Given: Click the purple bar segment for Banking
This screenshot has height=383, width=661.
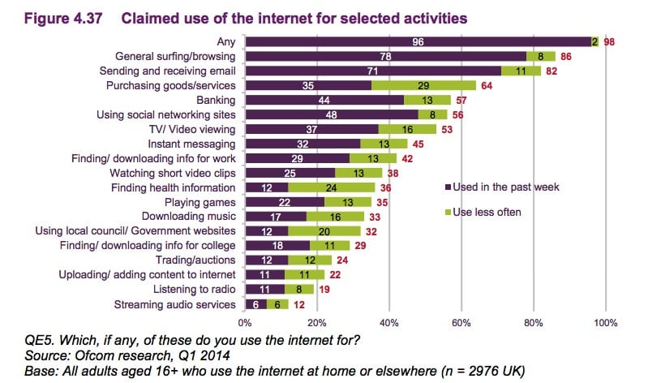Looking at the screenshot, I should (324, 100).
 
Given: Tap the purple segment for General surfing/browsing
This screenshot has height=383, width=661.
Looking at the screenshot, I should (385, 56).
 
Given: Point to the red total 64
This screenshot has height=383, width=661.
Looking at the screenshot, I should (487, 85).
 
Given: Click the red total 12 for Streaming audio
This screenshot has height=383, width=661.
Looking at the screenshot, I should (299, 304).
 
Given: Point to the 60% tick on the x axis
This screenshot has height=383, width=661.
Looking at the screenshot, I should (461, 324).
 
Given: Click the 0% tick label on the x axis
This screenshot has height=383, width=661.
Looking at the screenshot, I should (247, 324).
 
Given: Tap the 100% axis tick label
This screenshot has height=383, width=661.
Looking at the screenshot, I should (604, 324).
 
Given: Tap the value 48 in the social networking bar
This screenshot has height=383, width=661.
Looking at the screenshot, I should (331, 114).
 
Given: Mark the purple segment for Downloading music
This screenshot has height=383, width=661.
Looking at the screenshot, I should (276, 217).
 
